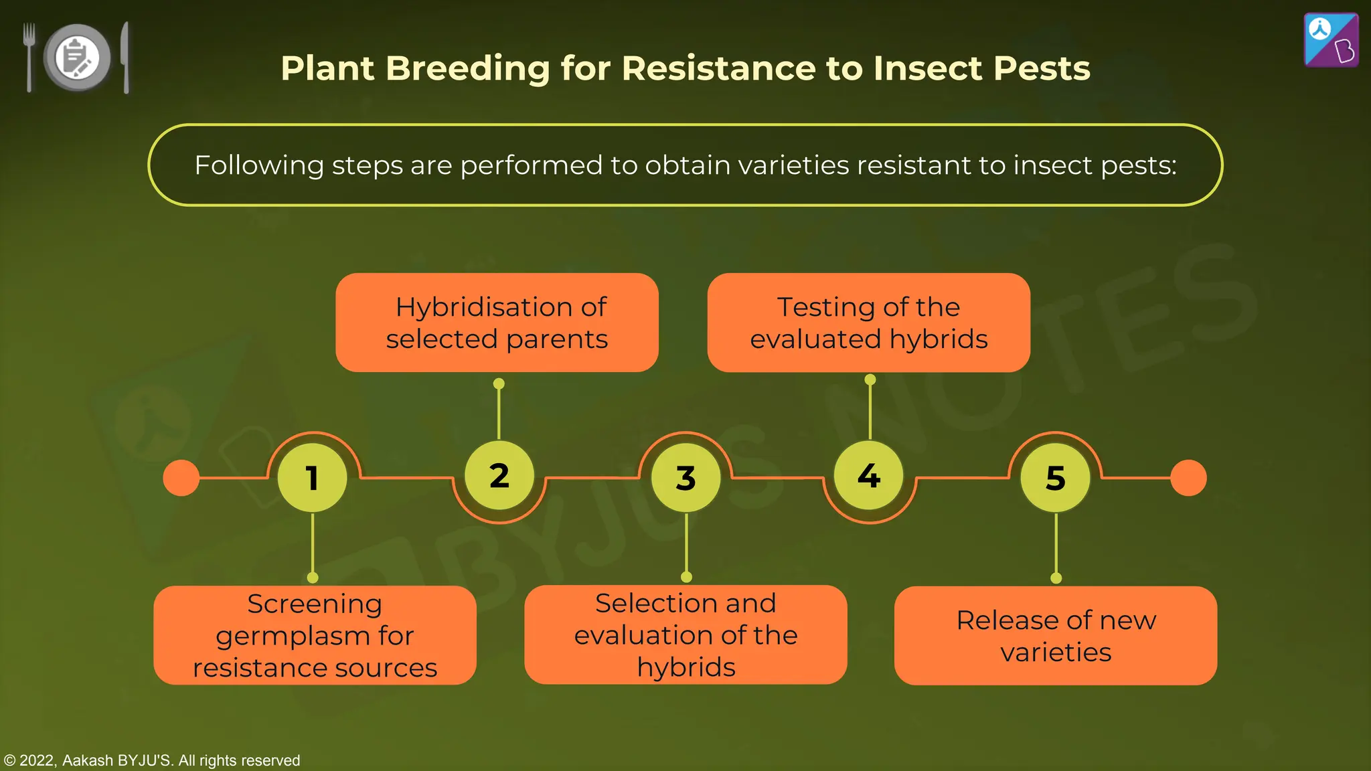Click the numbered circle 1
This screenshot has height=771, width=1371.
click(312, 478)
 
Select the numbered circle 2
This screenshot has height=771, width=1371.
click(499, 475)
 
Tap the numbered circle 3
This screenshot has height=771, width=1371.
click(685, 478)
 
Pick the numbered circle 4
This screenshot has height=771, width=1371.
click(869, 475)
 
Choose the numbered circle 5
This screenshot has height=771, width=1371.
click(1055, 478)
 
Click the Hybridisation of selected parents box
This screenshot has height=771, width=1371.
click(497, 323)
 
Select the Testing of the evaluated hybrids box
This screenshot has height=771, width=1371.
click(868, 323)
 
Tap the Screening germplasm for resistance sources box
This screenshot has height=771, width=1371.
click(315, 635)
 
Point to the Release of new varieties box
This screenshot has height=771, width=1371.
click(1056, 636)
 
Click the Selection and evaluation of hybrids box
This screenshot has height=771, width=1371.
click(685, 634)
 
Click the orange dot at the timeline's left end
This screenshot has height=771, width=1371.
click(181, 478)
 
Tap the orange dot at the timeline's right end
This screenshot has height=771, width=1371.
click(1188, 478)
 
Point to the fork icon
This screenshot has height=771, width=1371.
click(29, 57)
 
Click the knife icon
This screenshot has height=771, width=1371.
click(125, 57)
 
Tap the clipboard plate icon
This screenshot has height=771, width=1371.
click(77, 57)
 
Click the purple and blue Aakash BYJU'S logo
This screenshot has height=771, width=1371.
click(1331, 40)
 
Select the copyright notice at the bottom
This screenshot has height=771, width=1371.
click(152, 760)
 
